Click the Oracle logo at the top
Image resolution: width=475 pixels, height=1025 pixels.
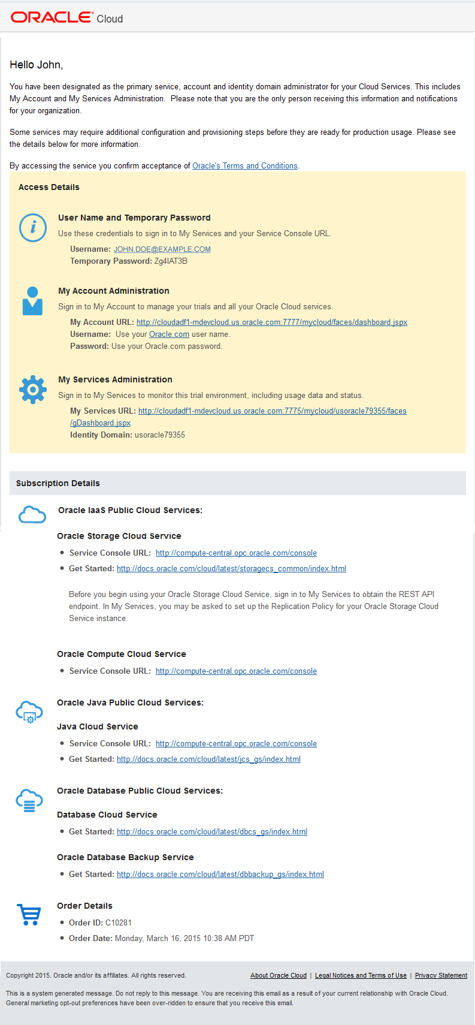tap(52, 17)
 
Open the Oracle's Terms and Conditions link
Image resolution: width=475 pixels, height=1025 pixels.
tap(244, 166)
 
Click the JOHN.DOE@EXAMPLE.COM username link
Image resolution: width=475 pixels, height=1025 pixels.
tap(162, 249)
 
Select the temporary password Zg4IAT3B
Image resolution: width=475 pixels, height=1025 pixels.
tap(171, 261)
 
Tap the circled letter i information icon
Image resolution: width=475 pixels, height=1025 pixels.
tap(33, 228)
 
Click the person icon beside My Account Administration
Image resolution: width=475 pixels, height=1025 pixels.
tap(32, 301)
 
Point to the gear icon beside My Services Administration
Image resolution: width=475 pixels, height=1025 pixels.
tap(33, 390)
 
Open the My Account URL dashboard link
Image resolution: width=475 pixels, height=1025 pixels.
tap(271, 322)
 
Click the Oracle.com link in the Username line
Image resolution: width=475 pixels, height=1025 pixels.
tap(169, 334)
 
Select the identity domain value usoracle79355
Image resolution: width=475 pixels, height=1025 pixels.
tap(160, 435)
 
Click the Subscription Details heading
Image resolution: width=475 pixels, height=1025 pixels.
tap(58, 483)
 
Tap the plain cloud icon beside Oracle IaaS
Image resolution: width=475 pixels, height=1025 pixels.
tap(32, 514)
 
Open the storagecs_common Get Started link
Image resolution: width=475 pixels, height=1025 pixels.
tap(231, 569)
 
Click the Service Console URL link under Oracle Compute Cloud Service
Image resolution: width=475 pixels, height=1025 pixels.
tap(236, 671)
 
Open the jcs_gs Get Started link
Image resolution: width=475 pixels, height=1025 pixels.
tap(208, 759)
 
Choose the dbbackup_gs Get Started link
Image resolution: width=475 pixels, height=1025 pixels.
tap(220, 875)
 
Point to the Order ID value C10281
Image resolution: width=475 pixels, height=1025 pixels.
tap(119, 923)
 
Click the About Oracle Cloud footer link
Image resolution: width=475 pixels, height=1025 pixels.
tap(278, 976)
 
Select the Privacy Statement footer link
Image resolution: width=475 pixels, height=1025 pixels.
tap(441, 976)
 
